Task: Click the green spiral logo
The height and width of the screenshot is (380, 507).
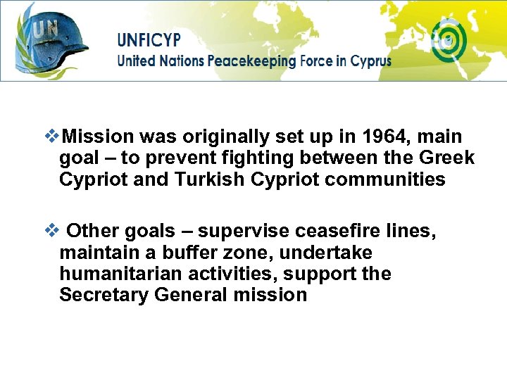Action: pyautogui.click(x=448, y=40)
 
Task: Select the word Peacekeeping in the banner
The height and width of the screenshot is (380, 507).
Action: pyautogui.click(x=251, y=61)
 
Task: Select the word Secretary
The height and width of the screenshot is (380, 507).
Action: pyautogui.click(x=104, y=295)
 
